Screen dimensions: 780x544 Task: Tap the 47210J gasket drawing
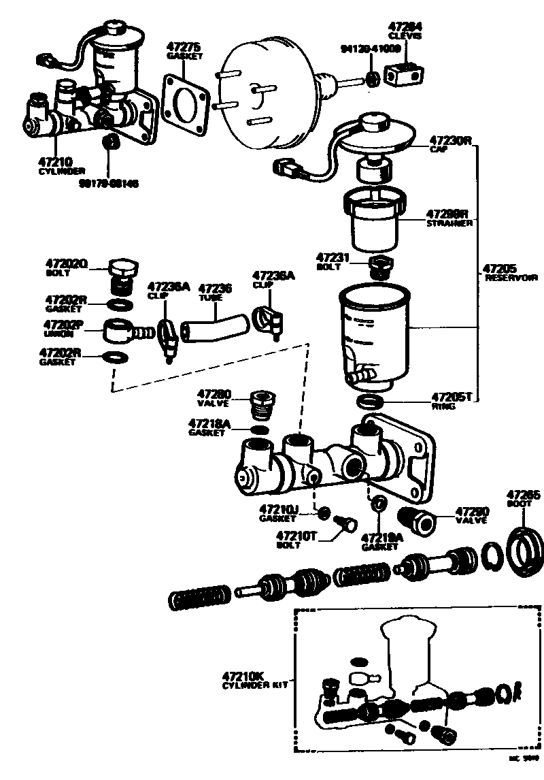coord(325,512)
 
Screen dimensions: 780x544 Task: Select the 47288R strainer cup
coord(375,219)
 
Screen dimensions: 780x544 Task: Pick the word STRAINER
coord(449,223)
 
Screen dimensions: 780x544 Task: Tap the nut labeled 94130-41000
coord(372,79)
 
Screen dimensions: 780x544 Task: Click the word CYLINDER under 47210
coord(62,171)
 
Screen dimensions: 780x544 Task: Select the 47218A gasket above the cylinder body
coord(258,429)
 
